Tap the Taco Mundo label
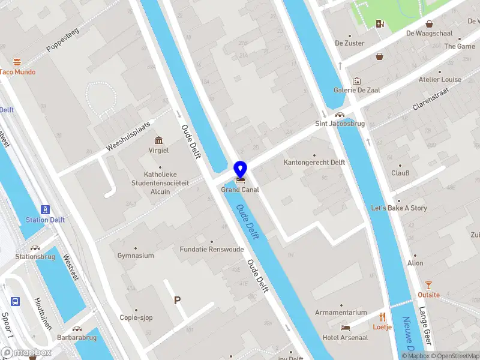coord(17,72)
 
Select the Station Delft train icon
coord(45,209)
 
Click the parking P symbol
coord(177,300)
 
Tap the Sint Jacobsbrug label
coord(340,124)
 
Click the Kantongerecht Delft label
coord(314,163)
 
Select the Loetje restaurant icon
coord(382,317)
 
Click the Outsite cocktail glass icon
coord(428,285)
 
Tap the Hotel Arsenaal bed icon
coord(345,328)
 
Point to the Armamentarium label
coord(341,313)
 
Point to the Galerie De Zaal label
coord(357,90)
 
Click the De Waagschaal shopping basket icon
coord(430,24)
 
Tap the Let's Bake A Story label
coord(398,208)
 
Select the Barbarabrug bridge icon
coord(77,328)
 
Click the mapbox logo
coord(26,353)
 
